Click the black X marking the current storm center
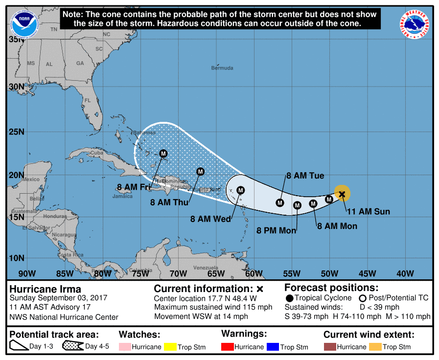[342, 194]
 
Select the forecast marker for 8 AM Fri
[163, 154]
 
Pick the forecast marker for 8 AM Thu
[200, 171]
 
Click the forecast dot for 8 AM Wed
[240, 190]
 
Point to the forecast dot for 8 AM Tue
[280, 202]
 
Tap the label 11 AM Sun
[368, 211]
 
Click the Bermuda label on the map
[222, 68]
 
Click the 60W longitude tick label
[254, 273]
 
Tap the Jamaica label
[122, 196]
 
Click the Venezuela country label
[206, 268]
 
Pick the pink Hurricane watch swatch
[125, 347]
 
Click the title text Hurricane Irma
[46, 289]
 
